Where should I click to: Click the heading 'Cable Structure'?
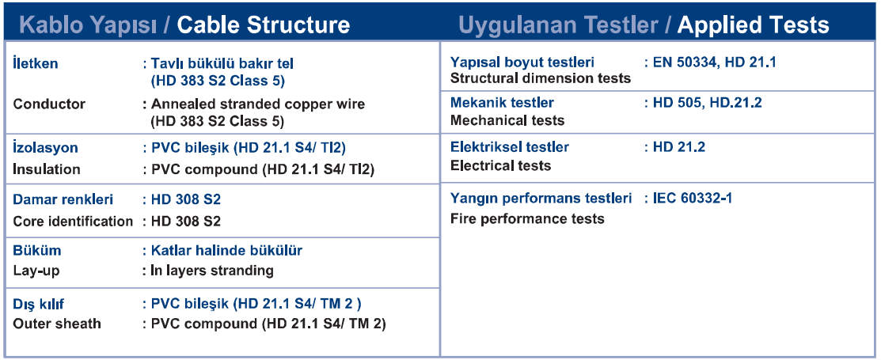264,25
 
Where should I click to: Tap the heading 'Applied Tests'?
753,25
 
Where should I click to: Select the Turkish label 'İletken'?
36,63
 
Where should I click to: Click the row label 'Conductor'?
49,104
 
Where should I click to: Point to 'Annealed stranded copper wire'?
258,104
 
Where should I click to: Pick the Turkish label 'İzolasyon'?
45,148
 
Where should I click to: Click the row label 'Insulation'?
47,169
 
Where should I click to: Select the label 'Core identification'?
73,222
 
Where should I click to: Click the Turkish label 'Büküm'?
37,250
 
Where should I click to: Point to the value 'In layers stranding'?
212,271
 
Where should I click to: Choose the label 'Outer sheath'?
57,324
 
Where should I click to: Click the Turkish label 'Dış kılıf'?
39,305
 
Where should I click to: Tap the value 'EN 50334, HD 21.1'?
715,62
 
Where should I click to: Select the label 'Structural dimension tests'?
541,78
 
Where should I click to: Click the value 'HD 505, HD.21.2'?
708,103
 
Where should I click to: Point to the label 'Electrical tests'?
500,165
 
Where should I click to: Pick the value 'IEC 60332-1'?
692,199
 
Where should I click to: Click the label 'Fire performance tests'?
528,218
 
